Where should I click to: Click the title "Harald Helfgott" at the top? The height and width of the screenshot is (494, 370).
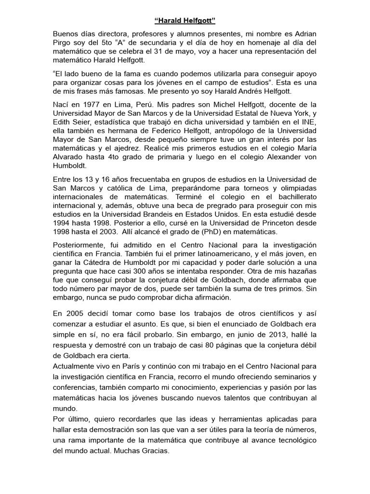185,21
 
